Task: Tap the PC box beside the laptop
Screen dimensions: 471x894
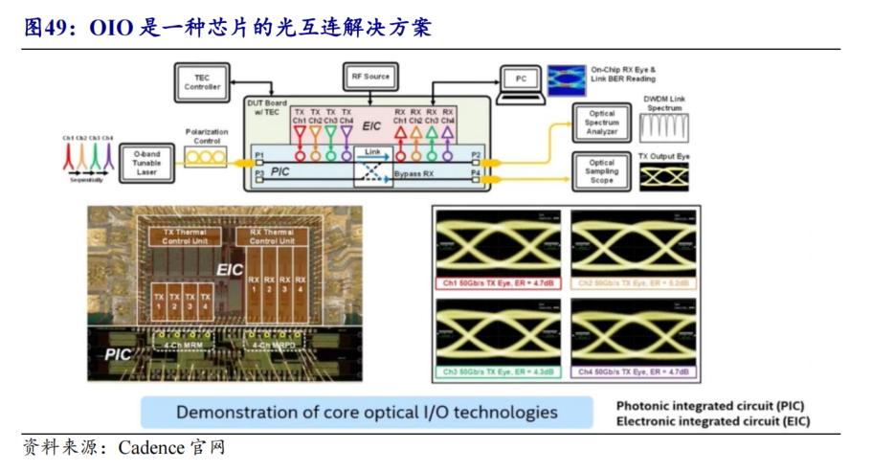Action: tap(521, 79)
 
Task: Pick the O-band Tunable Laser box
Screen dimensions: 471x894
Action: tap(145, 166)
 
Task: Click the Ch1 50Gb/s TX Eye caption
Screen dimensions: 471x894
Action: tap(497, 283)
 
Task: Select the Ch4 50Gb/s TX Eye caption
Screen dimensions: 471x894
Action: tap(633, 370)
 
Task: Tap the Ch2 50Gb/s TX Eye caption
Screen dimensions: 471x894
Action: tap(633, 283)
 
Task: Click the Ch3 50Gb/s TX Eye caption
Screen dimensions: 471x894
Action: tap(497, 370)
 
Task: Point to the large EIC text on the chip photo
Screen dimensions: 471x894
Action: tap(230, 270)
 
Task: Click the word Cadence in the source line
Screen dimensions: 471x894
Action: tap(152, 448)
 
